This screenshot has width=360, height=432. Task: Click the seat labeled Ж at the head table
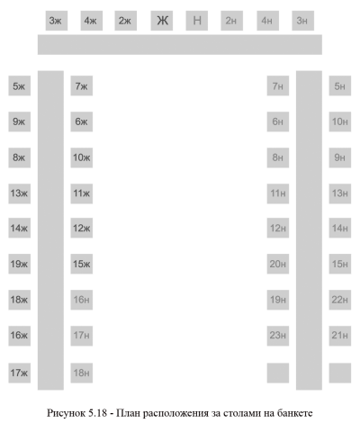coord(162,21)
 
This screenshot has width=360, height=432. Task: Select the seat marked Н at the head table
coord(197,21)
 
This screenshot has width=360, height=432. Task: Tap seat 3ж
coord(57,21)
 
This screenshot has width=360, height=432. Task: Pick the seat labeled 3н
coord(303,21)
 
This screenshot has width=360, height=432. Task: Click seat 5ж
coord(20,85)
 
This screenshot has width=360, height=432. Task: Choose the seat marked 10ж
coord(82,157)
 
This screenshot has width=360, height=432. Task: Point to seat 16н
coord(82,300)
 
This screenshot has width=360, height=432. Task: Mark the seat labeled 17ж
coord(20,373)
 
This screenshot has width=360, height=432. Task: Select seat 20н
coord(278,264)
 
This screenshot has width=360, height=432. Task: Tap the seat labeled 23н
coord(278,336)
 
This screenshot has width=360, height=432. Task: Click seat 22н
coord(340,300)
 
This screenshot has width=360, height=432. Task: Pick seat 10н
coord(340,121)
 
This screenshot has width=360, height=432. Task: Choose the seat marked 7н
coord(278,85)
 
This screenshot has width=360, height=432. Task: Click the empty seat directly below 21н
coord(340,373)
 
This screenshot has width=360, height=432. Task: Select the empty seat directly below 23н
coord(278,373)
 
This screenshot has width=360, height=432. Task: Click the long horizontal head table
coord(180,45)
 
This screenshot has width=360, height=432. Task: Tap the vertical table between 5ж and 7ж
coord(50,230)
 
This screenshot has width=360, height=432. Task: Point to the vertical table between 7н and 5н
coord(309,230)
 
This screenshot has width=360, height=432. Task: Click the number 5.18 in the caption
coord(97,413)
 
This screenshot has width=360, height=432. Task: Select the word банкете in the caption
coord(294,413)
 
